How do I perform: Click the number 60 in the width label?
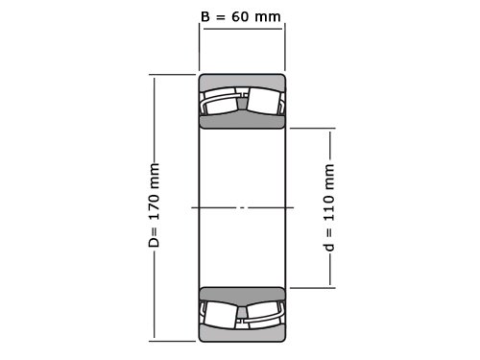point(240,16)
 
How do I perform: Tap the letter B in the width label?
point(205,16)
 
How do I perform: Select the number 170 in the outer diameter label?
point(155,204)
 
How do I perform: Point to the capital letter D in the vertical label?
point(154,242)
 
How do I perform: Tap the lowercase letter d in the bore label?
point(328,247)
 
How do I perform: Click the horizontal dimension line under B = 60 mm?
point(243,29)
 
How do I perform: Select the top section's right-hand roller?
point(264,101)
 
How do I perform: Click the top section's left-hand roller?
point(221,102)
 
